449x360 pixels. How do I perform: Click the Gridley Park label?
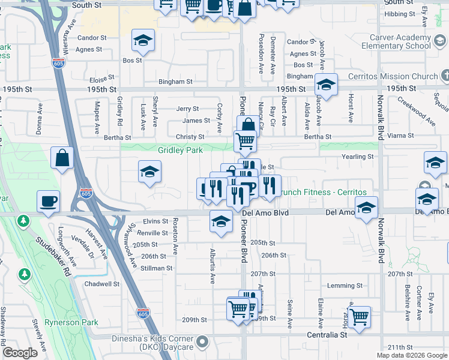pos(180,150)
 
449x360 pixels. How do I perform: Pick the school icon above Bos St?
pos(143,40)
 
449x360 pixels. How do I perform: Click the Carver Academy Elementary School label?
pos(400,41)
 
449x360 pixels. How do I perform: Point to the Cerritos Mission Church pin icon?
pos(445,76)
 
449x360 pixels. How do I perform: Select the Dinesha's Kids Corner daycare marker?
pos(203,343)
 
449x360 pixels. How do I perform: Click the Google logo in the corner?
pos(20,353)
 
